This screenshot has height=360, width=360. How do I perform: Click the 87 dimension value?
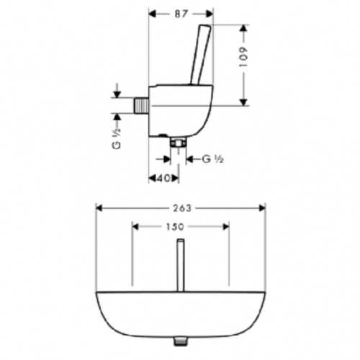[x=181, y=14]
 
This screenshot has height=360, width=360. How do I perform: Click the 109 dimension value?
[x=243, y=57]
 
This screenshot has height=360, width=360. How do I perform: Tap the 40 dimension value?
[x=163, y=178]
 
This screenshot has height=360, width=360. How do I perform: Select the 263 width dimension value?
[x=182, y=208]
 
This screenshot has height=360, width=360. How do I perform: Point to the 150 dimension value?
[x=175, y=227]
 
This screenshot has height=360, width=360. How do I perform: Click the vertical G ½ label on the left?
[x=117, y=138]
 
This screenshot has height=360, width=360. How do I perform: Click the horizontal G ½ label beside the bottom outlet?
[x=212, y=159]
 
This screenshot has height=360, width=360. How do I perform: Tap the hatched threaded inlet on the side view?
[x=141, y=105]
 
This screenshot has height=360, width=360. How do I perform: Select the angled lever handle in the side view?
[x=201, y=55]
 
